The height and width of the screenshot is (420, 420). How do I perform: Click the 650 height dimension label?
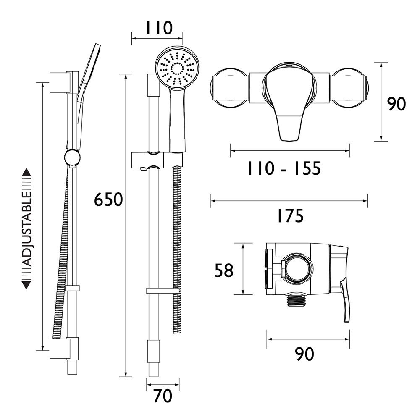click(108, 199)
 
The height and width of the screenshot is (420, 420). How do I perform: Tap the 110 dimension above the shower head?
click(159, 29)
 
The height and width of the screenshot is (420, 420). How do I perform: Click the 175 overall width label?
click(289, 216)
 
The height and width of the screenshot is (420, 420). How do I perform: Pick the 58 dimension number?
click(223, 270)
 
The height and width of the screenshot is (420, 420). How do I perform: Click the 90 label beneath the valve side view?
click(304, 354)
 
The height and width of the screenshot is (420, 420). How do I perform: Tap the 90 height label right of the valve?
click(396, 104)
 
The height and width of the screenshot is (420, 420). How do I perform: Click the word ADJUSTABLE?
click(26, 229)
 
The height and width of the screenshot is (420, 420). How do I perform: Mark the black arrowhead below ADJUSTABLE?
click(26, 286)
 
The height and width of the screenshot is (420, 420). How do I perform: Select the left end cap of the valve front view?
click(218, 89)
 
